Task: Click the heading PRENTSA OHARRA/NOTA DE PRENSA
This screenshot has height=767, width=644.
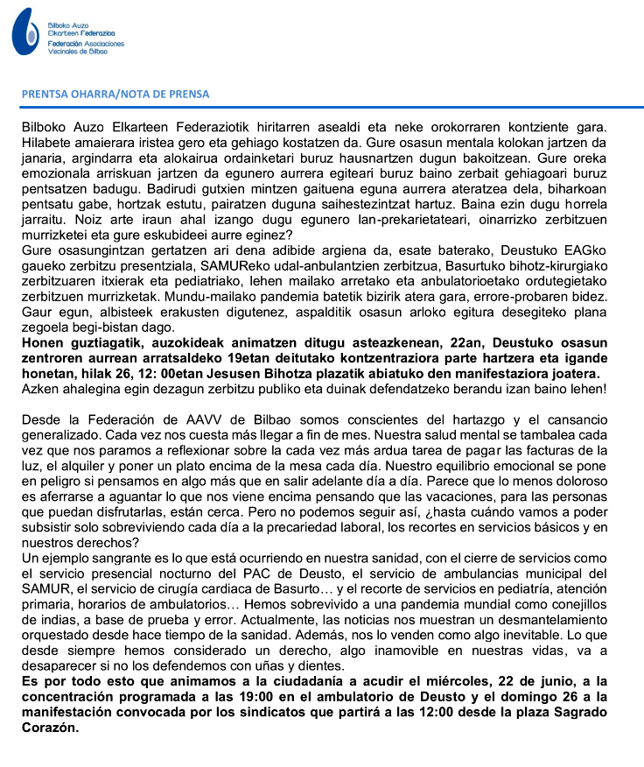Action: coord(115,94)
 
